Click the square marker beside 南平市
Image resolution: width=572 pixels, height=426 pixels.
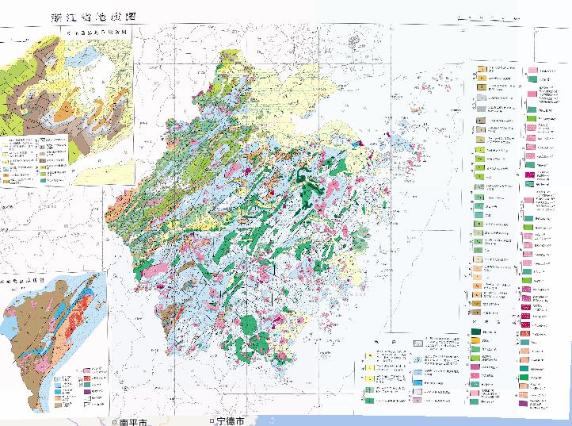click(113, 421)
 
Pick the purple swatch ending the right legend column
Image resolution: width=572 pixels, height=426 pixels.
click(524, 404)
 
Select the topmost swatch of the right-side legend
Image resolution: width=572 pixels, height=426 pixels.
click(481, 70)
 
